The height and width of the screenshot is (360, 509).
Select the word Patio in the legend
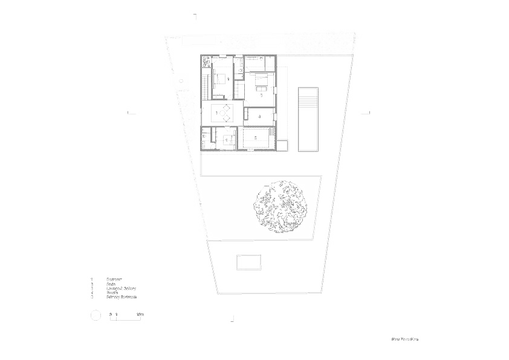point(111,284)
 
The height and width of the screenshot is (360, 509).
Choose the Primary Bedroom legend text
point(122,297)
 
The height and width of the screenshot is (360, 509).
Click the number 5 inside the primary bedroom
point(260,96)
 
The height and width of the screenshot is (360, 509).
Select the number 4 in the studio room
point(259,116)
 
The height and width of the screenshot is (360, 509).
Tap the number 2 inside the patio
point(256,139)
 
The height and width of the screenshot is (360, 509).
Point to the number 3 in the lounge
point(209,113)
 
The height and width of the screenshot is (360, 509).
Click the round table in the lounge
point(224,113)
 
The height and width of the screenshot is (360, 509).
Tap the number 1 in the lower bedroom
point(226,140)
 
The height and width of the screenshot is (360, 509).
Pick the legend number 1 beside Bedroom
point(92,280)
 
